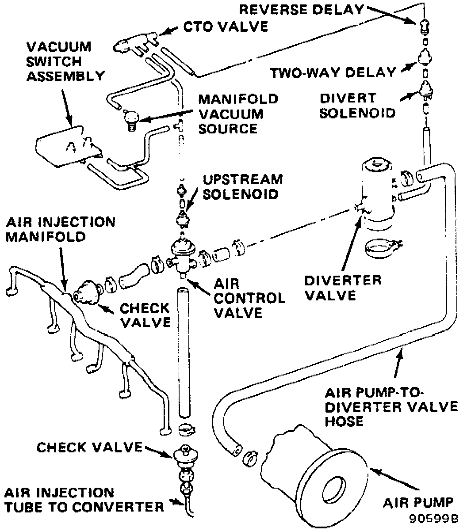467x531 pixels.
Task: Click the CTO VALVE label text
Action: pyautogui.click(x=226, y=27)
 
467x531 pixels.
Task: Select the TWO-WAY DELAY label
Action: pyautogui.click(x=333, y=72)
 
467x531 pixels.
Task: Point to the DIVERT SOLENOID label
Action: pyautogui.click(x=357, y=105)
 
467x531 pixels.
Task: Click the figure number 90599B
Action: pyautogui.click(x=433, y=517)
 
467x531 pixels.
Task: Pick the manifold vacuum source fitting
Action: pyautogui.click(x=131, y=118)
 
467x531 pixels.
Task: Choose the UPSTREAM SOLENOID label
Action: pyautogui.click(x=242, y=186)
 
